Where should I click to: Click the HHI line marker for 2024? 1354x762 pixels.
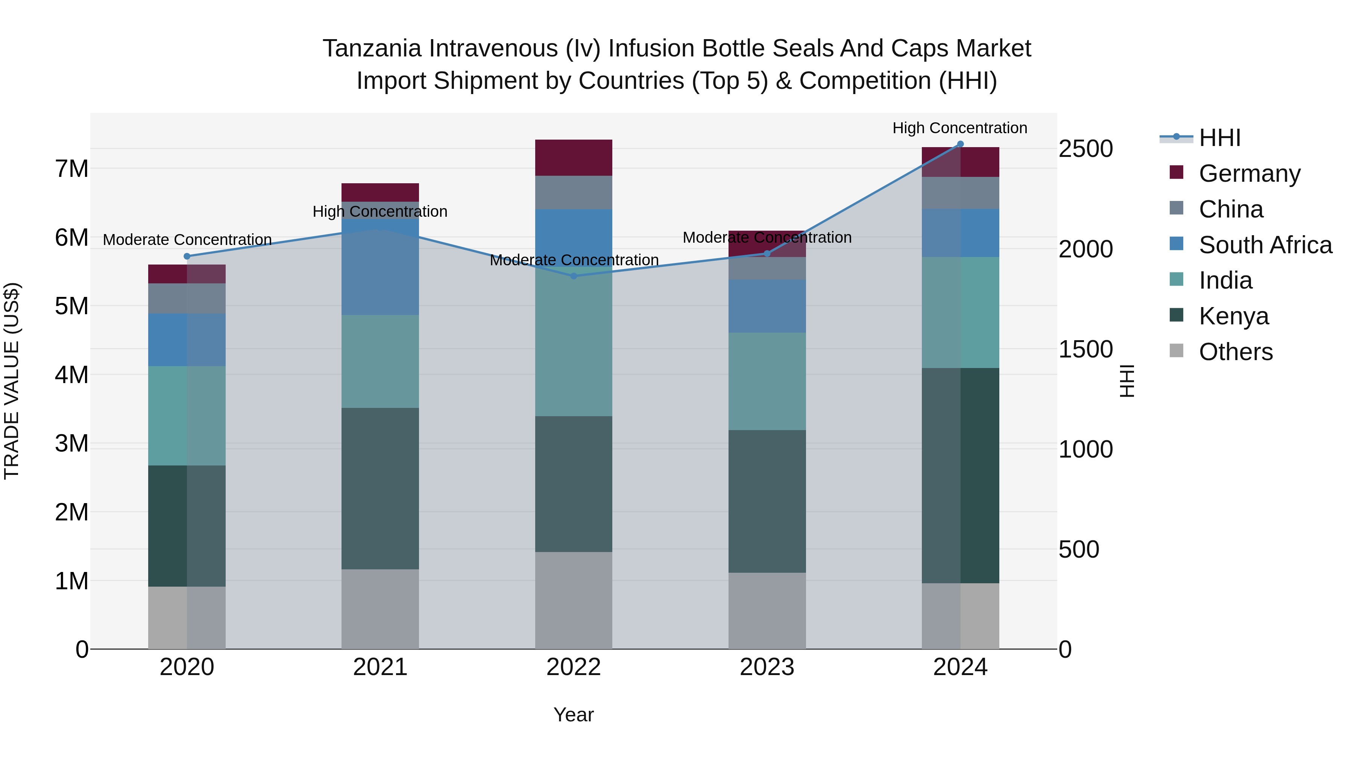coord(960,144)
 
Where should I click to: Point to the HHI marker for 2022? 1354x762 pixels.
coord(574,276)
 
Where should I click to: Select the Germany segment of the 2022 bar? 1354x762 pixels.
coord(574,158)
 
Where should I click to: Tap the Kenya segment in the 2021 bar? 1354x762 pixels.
coord(380,488)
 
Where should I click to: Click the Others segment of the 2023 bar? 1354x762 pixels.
coord(767,611)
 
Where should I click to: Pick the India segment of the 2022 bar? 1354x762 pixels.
coord(574,342)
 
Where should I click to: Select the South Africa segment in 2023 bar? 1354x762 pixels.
coord(767,306)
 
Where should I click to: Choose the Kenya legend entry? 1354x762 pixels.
coord(1233,316)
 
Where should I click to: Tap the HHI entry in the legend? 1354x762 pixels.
coord(1219,138)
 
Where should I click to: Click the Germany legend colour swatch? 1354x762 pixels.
coord(1176,172)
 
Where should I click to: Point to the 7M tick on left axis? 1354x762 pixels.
coord(72,169)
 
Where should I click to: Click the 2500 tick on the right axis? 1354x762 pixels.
coord(1085,149)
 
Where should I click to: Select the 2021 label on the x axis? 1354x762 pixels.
coord(380,667)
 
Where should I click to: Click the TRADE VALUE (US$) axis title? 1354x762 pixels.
coord(12,381)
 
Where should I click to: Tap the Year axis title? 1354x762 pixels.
coord(574,715)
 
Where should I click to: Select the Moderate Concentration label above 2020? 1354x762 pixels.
coord(187,240)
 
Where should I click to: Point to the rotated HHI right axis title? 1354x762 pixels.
coord(1126,381)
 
